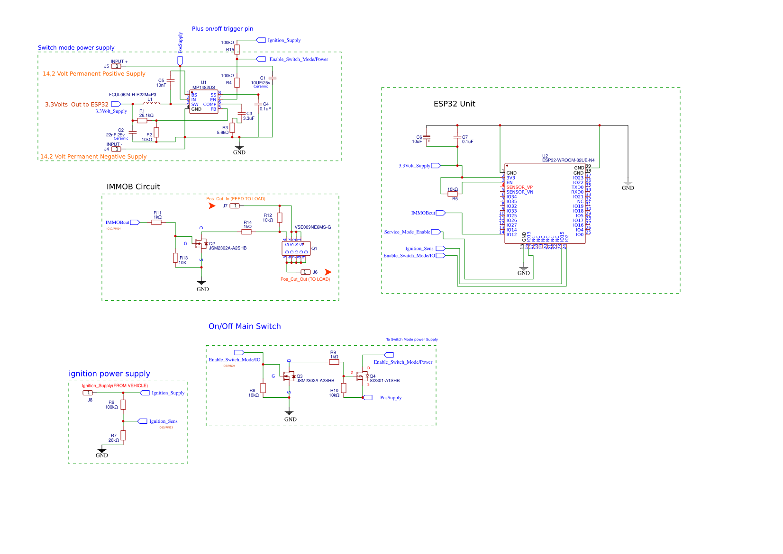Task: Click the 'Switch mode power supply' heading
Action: tap(76, 48)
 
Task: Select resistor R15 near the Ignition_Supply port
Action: tap(237, 49)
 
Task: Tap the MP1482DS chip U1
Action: tap(203, 102)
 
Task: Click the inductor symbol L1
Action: tap(151, 103)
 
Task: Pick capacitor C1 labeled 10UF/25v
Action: tap(272, 78)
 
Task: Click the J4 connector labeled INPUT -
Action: tap(116, 149)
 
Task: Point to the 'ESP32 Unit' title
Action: tap(454, 104)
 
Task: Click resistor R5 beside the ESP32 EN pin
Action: tap(453, 194)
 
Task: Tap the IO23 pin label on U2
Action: tap(578, 178)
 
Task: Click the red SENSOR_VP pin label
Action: tap(519, 188)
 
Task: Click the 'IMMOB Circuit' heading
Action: tap(133, 187)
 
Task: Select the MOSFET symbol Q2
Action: tap(201, 244)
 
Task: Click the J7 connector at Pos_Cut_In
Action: tap(235, 206)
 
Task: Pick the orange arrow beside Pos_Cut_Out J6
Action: tap(328, 272)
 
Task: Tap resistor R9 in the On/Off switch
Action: tap(334, 362)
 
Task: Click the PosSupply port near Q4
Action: tap(368, 398)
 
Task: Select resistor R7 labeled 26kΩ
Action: tap(123, 435)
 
